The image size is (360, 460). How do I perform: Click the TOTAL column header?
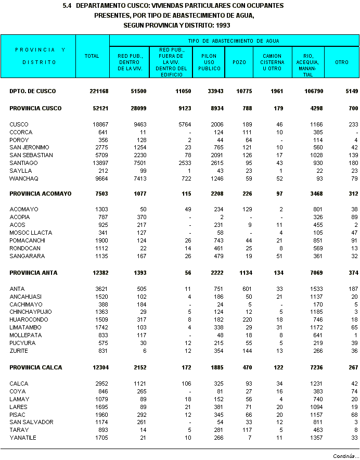coord(92,56)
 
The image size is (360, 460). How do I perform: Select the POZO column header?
coord(239,62)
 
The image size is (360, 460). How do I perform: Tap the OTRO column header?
coord(342,62)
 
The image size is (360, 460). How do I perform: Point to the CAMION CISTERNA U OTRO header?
coord(273,62)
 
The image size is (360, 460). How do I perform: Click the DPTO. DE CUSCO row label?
coord(32,91)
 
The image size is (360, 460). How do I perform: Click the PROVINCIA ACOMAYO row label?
coord(41,194)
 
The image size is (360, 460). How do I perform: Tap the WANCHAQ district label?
coord(22,178)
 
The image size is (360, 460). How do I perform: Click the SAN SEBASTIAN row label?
coord(31,155)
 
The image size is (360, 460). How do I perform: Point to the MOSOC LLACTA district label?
coord(31,233)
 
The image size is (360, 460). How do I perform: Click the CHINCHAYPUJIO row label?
coord(31,312)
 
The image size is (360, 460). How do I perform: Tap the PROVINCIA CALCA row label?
coord(36,367)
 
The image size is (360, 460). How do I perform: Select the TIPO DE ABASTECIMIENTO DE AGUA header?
coord(234,41)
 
